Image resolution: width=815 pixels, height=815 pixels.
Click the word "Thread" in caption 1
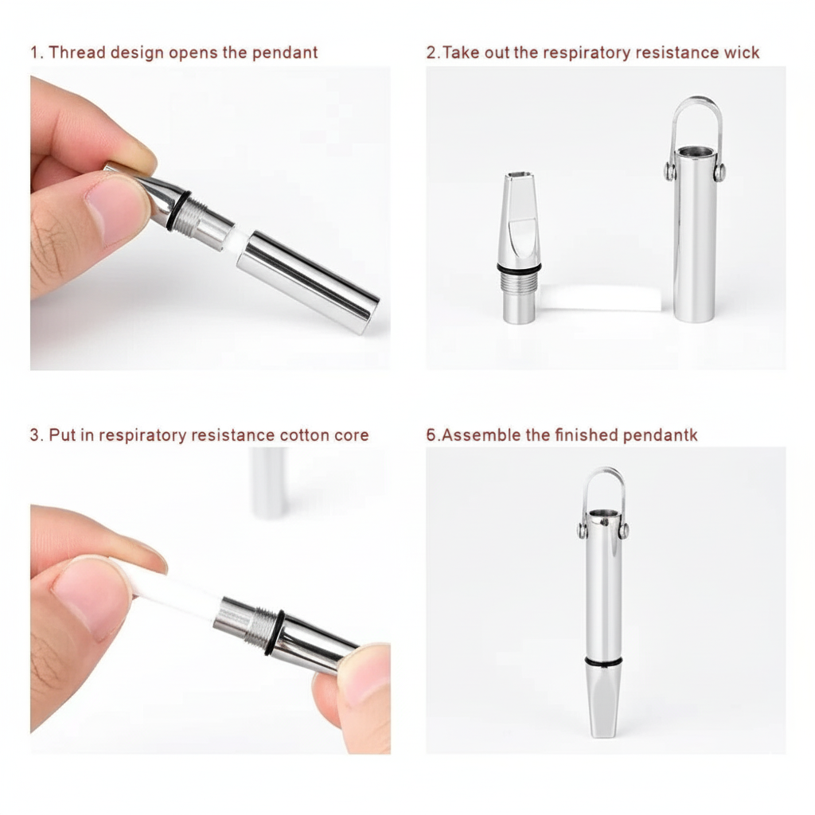(77, 53)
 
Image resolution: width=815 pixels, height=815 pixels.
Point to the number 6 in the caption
(431, 435)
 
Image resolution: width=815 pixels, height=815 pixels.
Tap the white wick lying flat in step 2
(600, 298)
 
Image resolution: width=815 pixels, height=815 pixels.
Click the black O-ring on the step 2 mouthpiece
(519, 267)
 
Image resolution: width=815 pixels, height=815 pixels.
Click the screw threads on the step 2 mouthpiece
(519, 281)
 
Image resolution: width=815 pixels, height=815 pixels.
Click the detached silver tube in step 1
(309, 283)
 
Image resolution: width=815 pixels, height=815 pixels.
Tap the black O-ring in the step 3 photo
(274, 633)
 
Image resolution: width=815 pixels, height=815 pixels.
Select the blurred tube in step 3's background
(268, 482)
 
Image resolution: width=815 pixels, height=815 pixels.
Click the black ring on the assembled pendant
(603, 662)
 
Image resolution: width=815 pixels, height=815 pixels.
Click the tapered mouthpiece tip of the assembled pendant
(603, 702)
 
